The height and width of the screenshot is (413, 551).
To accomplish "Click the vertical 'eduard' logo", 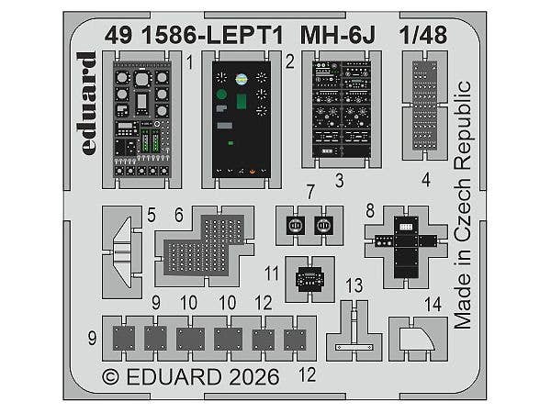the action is point(87,104).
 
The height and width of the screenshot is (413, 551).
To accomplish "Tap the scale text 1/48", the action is point(423,35).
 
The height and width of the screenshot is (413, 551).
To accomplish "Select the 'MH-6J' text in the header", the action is point(338,35).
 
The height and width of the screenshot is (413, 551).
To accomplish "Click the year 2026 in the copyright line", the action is point(253,377).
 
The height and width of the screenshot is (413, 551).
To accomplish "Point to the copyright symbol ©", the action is point(111,377).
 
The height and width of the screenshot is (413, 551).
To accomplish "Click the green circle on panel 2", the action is point(221,95).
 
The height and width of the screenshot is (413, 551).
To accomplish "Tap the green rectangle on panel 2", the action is point(241,102).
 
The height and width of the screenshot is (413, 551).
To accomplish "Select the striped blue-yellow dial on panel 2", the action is point(242,79).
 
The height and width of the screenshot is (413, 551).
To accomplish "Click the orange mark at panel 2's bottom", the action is point(252,172).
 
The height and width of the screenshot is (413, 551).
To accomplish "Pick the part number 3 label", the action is point(339,181).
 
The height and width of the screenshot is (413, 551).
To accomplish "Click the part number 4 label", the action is point(426,180).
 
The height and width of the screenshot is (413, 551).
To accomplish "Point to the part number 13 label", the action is point(354,285).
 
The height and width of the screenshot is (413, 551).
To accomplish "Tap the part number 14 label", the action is point(433,305).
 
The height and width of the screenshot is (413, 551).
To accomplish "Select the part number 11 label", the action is point(272,273).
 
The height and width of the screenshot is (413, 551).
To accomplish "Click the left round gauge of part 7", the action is point(295,225).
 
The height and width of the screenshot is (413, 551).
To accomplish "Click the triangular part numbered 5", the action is point(123,252).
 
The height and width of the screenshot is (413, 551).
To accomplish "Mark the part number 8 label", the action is point(370,211).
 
